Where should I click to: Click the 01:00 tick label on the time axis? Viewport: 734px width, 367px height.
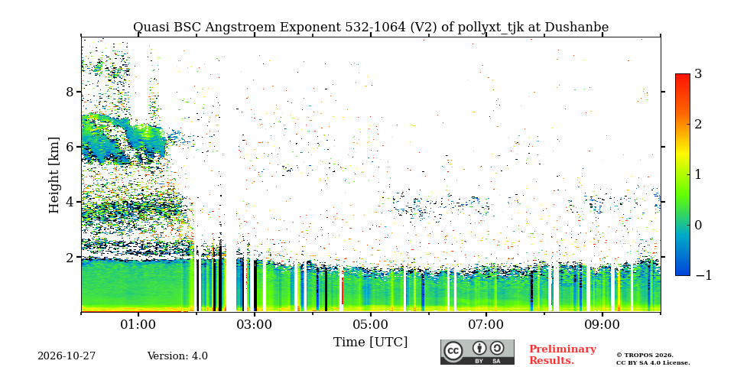click(x=138, y=324)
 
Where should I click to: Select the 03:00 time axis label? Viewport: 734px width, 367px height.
click(x=254, y=324)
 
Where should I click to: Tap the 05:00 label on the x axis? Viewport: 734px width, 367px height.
click(x=370, y=324)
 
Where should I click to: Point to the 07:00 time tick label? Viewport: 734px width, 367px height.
click(x=486, y=324)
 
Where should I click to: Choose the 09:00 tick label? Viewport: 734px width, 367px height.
click(x=602, y=324)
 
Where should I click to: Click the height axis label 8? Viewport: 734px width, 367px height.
click(x=70, y=92)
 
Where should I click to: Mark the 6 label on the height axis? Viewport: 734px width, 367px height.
click(x=70, y=147)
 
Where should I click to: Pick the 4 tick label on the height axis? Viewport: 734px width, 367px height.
click(x=70, y=202)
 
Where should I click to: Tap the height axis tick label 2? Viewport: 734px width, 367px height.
click(x=70, y=258)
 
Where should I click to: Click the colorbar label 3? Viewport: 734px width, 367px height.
click(x=698, y=73)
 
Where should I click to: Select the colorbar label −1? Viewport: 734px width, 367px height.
click(x=703, y=275)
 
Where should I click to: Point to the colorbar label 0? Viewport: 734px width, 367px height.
click(x=698, y=225)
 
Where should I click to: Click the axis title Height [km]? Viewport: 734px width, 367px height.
click(x=54, y=175)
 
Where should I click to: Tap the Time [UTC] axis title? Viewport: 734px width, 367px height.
click(x=370, y=343)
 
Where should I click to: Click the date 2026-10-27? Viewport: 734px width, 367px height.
click(x=67, y=356)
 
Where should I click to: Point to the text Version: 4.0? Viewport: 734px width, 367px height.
click(x=177, y=356)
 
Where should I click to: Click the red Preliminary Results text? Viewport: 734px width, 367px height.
click(x=563, y=355)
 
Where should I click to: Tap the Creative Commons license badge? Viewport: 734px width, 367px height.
click(x=477, y=352)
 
